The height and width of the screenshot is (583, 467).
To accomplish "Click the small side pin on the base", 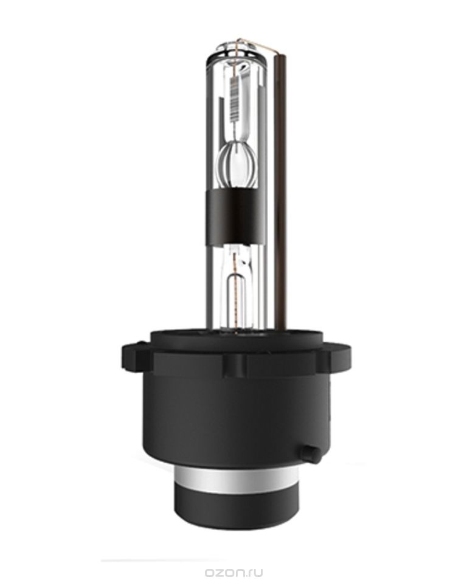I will (311, 453).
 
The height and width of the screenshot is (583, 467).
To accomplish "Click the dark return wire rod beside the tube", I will (281, 182).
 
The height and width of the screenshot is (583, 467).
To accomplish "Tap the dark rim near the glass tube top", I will (235, 58).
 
